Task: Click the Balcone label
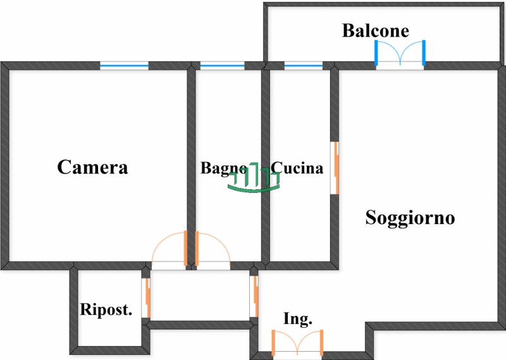[x=376, y=30]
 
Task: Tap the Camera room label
[x=92, y=167]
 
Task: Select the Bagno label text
[x=223, y=168]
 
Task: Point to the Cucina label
[x=297, y=168]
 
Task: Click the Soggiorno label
[x=410, y=218]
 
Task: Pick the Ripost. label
[x=106, y=310]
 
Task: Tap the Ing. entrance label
[x=297, y=320]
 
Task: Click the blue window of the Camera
[x=124, y=65]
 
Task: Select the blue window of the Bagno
[x=222, y=65]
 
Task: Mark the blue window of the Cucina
[x=303, y=65]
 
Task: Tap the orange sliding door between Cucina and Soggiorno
[x=336, y=168]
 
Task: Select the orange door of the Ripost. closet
[x=148, y=297]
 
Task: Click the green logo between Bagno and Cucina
[x=253, y=179]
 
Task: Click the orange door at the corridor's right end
[x=255, y=295]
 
